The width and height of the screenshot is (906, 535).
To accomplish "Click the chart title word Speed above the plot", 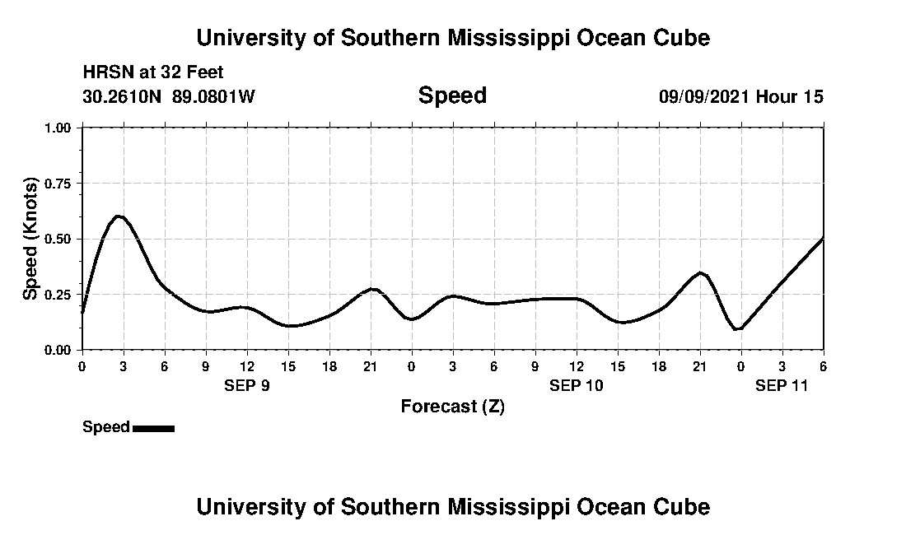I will tap(452, 95).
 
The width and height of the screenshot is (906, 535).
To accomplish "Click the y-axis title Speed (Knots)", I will tap(30, 239).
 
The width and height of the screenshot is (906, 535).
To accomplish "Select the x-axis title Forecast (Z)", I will tap(452, 407).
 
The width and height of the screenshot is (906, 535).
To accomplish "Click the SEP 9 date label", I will tap(247, 385).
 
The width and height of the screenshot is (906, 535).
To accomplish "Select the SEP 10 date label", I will tap(577, 385).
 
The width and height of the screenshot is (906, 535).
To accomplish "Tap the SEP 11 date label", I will tap(782, 385).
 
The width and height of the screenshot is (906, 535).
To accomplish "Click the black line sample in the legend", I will tap(153, 428).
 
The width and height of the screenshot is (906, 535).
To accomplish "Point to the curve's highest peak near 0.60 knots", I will tap(118, 216).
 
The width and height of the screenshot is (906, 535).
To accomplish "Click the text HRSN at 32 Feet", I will tap(153, 72).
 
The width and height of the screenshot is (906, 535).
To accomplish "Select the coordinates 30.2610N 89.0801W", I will tap(169, 96).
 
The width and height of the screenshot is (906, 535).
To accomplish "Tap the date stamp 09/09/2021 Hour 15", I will tap(740, 96).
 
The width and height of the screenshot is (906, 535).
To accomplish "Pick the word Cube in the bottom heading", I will tap(684, 506).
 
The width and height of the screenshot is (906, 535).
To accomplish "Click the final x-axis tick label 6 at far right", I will tap(823, 365).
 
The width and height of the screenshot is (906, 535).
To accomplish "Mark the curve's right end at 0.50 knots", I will tap(823, 239).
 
